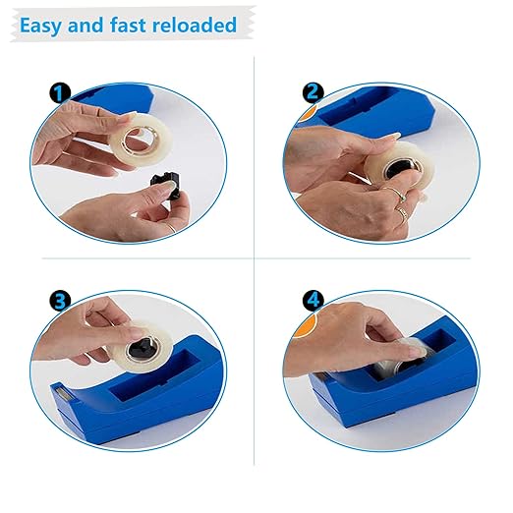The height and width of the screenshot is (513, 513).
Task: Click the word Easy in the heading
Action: click(x=40, y=26)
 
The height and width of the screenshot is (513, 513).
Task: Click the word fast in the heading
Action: click(x=128, y=25)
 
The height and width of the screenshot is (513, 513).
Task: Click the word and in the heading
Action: click(x=85, y=25)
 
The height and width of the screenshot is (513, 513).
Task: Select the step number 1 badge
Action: click(x=60, y=93)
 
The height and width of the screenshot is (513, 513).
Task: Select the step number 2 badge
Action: click(x=313, y=93)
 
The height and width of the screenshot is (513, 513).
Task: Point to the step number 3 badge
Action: click(x=60, y=301)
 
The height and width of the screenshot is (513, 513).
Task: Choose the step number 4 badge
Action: click(x=313, y=301)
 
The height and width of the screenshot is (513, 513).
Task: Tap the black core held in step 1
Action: click(x=167, y=185)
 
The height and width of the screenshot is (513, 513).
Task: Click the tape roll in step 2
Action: click(x=400, y=167)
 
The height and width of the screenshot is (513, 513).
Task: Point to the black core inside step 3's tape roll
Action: click(x=142, y=348)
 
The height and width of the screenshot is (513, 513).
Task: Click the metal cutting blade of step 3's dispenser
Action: click(x=64, y=393)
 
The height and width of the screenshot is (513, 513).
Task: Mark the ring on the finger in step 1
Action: click(x=171, y=227)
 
